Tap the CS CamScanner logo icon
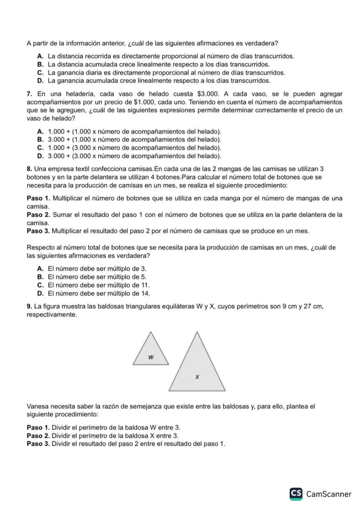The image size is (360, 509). (296, 494)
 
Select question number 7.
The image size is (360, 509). (30, 94)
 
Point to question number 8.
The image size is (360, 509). (29, 169)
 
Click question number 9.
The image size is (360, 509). (29, 306)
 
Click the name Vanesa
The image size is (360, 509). (37, 407)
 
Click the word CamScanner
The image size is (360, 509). (329, 494)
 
